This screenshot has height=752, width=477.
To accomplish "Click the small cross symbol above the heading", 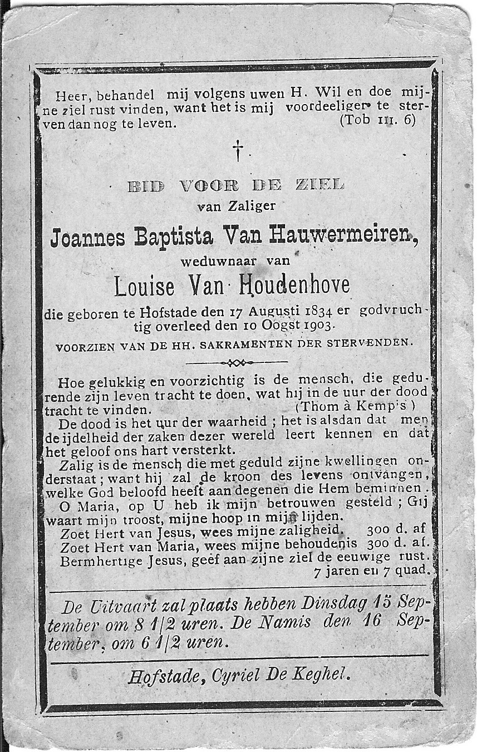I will pyautogui.click(x=238, y=150).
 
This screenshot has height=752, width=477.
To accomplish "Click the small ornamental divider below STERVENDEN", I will pyautogui.click(x=236, y=363).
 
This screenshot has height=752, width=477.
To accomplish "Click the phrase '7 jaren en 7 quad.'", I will pyautogui.click(x=371, y=570).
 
